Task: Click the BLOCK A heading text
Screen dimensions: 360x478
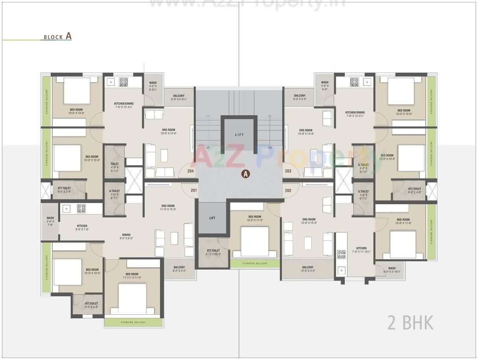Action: click(57, 37)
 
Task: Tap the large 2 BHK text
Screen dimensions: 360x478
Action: click(410, 323)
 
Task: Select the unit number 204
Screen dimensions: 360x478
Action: click(191, 171)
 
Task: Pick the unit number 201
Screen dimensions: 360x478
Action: click(193, 190)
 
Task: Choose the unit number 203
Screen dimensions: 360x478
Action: click(288, 171)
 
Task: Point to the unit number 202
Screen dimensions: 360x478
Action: click(288, 190)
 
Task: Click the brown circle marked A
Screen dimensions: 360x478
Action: click(246, 174)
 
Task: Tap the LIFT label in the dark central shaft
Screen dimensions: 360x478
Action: click(239, 135)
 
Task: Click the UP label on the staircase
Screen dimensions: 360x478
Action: click(208, 148)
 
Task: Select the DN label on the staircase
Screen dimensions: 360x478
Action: click(270, 148)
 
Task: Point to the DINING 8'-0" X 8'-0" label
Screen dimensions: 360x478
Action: click(126, 236)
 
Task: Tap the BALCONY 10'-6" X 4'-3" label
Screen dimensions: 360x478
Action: click(308, 269)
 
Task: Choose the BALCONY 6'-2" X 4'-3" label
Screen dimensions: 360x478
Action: click(179, 269)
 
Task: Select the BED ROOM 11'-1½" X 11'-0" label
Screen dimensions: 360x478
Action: click(132, 276)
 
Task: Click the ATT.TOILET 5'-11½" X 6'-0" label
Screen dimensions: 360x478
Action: click(213, 252)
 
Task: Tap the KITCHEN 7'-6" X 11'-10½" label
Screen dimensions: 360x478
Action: click(361, 250)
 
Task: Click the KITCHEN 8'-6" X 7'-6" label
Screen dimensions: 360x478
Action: click(82, 227)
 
